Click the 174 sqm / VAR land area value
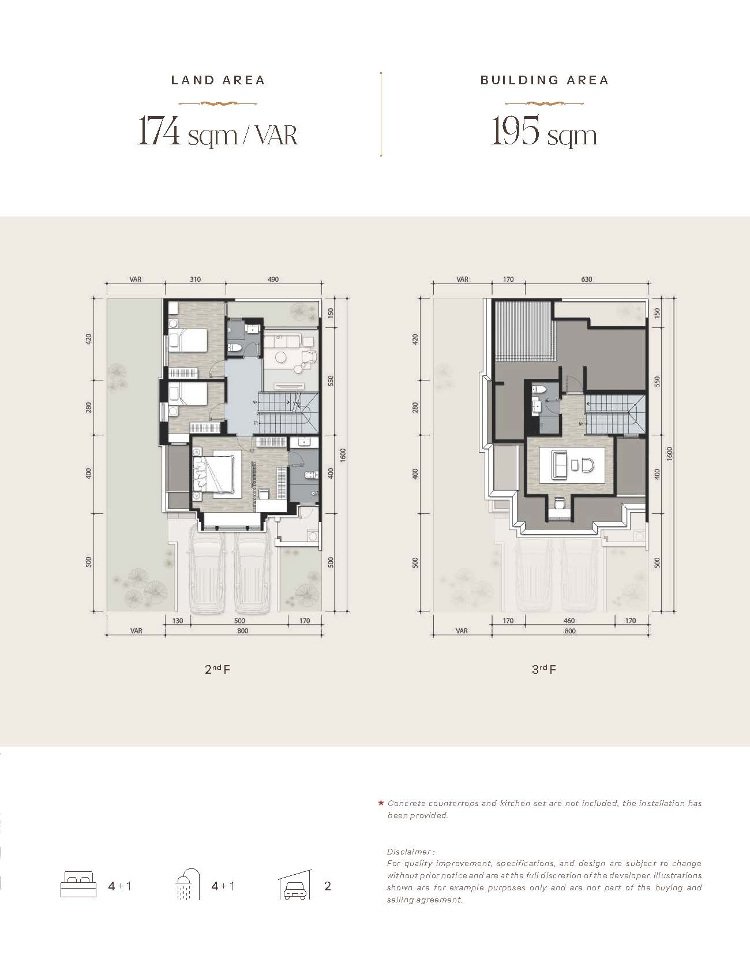(x=217, y=130)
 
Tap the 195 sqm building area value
(x=543, y=130)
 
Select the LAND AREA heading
(x=218, y=80)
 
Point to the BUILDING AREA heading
(x=545, y=80)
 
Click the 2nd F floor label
(x=217, y=669)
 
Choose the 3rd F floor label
(x=543, y=669)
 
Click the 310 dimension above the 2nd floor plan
(x=196, y=279)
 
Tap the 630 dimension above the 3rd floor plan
(x=587, y=279)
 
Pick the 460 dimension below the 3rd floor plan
(x=569, y=621)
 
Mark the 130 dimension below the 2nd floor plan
(x=177, y=621)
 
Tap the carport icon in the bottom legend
(x=295, y=884)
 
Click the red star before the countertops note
(x=381, y=803)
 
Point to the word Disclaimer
(x=409, y=852)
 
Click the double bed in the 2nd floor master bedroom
(x=215, y=474)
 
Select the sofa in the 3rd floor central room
(x=560, y=465)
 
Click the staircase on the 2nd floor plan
(x=288, y=413)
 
